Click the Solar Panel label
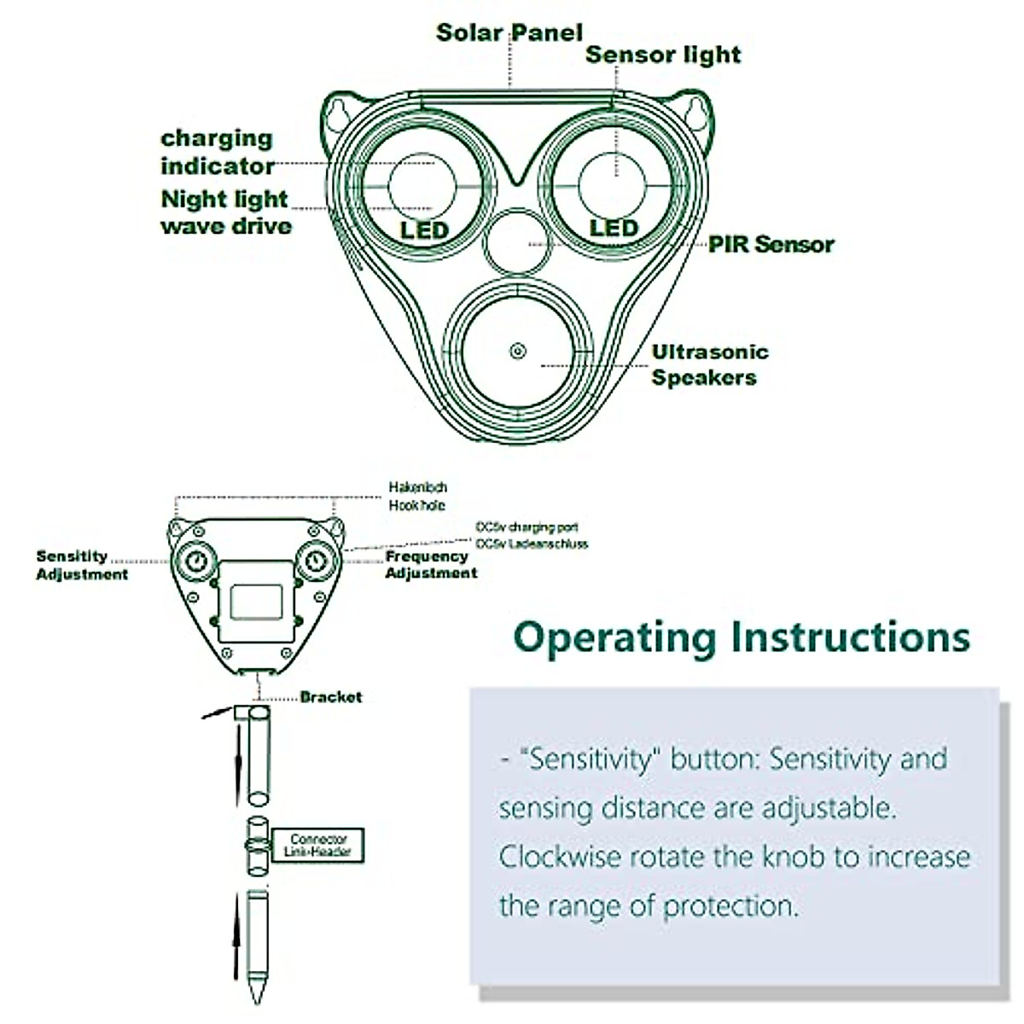[509, 32]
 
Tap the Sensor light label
[662, 55]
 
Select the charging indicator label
[218, 152]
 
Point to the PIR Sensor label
[771, 245]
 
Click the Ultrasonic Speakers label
[709, 365]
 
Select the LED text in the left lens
[424, 230]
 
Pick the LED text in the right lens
[614, 229]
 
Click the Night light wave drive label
[226, 212]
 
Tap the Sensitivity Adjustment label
[81, 565]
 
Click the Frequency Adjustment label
[430, 565]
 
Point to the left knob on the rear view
[195, 561]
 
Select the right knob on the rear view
[317, 561]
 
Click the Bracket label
[330, 697]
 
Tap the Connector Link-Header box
[318, 846]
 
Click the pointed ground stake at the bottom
[257, 947]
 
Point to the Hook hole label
[416, 506]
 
